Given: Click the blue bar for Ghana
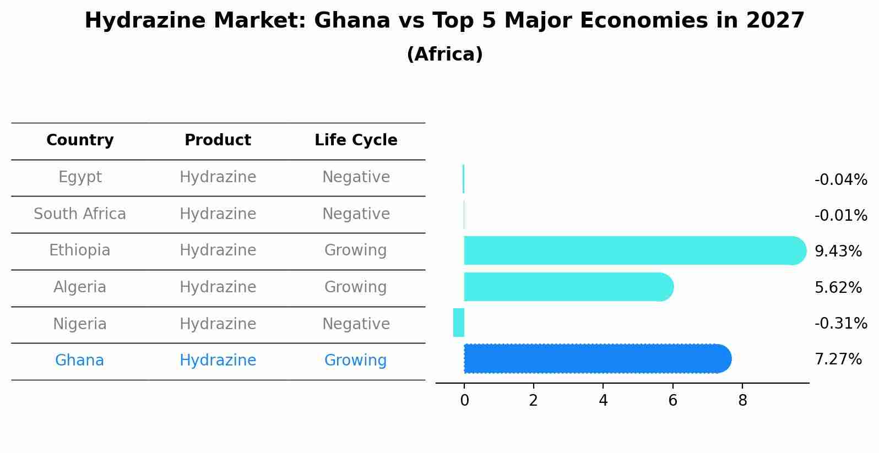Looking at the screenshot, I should pos(598,359).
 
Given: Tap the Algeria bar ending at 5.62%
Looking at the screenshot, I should pos(567,287).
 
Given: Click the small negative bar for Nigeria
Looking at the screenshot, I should pos(459,323).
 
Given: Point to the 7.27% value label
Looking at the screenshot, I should pos(838,359).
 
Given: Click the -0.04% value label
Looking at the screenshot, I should pos(840,180).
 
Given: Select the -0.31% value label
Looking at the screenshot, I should pos(840,323).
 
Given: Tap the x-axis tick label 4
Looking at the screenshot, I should pos(603,401).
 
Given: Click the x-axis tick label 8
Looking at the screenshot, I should pos(742,401).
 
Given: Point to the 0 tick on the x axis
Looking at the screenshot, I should pos(464,401).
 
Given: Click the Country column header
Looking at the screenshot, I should pos(80,140).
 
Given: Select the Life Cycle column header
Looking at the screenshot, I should pos(356,140).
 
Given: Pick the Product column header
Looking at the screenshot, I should pos(218,140).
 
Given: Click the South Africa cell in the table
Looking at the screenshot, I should pos(80,214).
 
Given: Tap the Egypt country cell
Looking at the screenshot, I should pos(80,177).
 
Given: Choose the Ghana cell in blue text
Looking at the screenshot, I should pos(79,361).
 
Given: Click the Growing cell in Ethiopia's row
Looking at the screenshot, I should pos(355,250).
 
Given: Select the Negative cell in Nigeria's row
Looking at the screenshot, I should pos(356,324).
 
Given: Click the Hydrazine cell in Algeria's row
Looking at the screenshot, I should pos(218,287).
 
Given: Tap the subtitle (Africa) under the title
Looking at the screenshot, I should pos(444,54).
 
